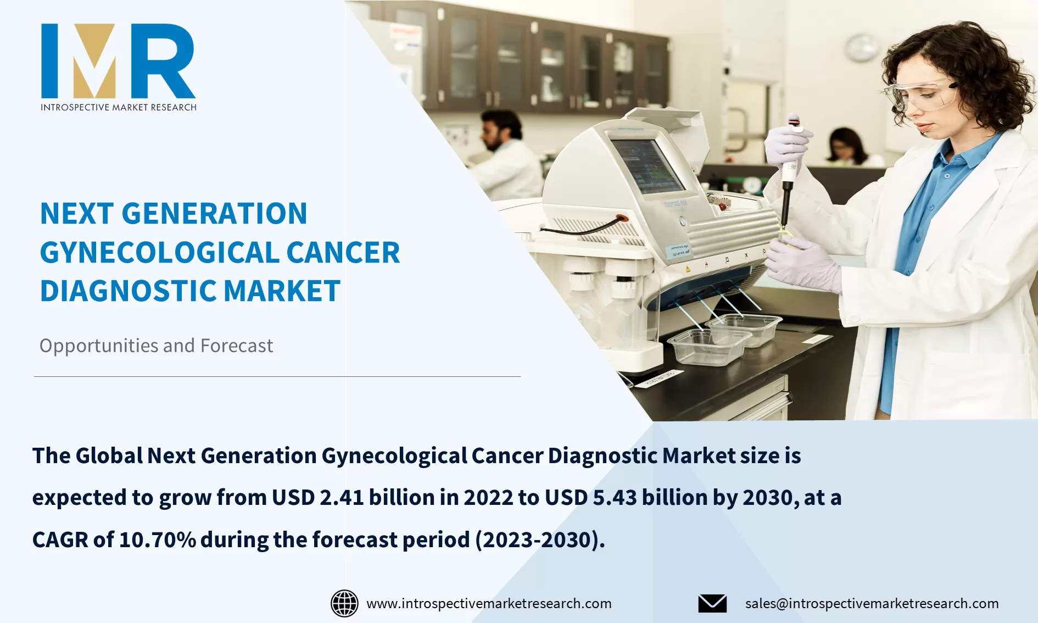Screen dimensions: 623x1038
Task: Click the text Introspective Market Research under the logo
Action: pyautogui.click(x=118, y=107)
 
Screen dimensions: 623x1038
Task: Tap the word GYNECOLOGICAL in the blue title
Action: pyautogui.click(x=160, y=253)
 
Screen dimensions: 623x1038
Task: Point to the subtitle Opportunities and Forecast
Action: pyautogui.click(x=156, y=346)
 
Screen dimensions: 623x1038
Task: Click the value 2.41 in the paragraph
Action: pyautogui.click(x=342, y=498)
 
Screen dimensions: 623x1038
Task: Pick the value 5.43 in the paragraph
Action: pyautogui.click(x=615, y=498)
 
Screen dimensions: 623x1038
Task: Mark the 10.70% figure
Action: pyautogui.click(x=158, y=539)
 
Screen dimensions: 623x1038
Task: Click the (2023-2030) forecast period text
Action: pyautogui.click(x=539, y=539)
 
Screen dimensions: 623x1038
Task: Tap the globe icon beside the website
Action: pyautogui.click(x=344, y=603)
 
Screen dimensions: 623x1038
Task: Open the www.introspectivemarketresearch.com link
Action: pyautogui.click(x=489, y=603)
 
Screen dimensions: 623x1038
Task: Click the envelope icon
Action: pyautogui.click(x=712, y=603)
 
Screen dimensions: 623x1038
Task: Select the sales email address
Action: pyautogui.click(x=872, y=603)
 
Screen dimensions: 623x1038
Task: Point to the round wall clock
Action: pyautogui.click(x=861, y=48)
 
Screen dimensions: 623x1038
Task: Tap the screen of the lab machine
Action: pyautogui.click(x=647, y=165)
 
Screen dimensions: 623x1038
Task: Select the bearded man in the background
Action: pyautogui.click(x=503, y=154)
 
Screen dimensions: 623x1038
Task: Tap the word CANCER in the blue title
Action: pyautogui.click(x=343, y=253)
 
